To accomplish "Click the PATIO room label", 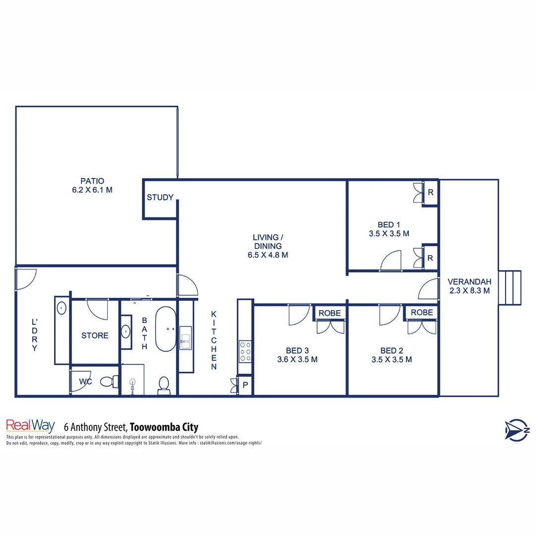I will (x=92, y=181).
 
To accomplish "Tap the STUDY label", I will (x=160, y=198).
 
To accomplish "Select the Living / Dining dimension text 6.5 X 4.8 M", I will (x=268, y=255).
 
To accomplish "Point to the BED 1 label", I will (x=381, y=224).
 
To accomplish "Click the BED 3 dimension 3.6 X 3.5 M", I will (x=297, y=359).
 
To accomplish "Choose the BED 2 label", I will (x=392, y=350).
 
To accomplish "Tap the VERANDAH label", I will (x=469, y=281).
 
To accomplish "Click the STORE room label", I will (x=95, y=335).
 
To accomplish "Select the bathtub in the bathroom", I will (x=166, y=329).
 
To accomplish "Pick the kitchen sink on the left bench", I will (x=186, y=338).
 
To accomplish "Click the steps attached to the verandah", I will (x=510, y=288).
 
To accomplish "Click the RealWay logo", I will (x=30, y=426).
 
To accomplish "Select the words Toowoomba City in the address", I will (x=164, y=427).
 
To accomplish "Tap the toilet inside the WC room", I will (x=108, y=382).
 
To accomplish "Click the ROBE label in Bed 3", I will (x=329, y=313).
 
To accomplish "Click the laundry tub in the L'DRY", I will (x=62, y=308).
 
